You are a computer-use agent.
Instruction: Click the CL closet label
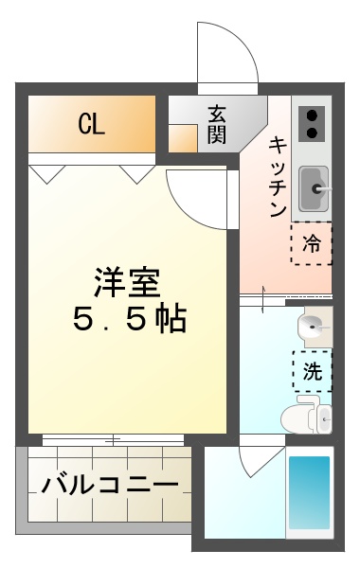(91, 123)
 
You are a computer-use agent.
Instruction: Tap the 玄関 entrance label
(217, 123)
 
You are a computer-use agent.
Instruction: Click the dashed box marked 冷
(312, 243)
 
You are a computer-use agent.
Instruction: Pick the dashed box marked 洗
(312, 370)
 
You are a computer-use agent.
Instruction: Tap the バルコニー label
(110, 486)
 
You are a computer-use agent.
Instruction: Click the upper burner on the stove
(312, 115)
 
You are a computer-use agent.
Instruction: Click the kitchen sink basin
(312, 186)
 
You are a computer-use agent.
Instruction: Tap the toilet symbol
(310, 415)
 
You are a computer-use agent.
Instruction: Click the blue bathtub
(309, 492)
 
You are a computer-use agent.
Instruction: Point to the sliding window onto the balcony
(112, 440)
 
